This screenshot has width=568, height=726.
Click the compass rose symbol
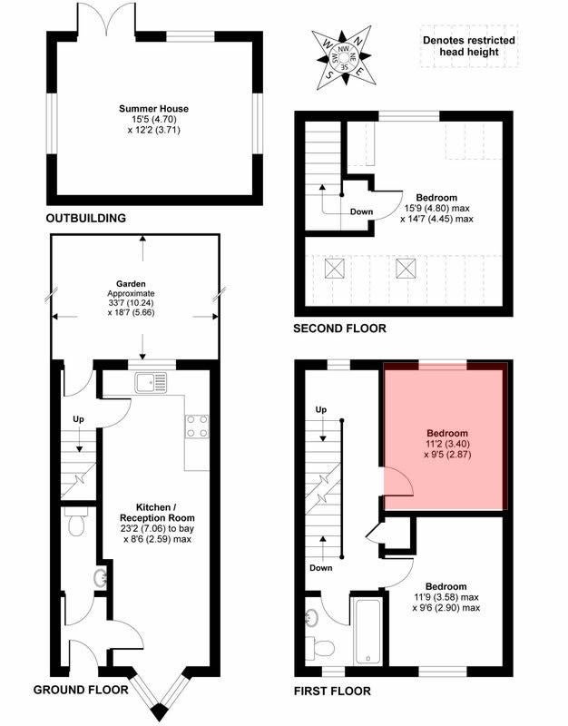tap(344, 57)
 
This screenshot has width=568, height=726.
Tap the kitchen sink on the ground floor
tap(151, 383)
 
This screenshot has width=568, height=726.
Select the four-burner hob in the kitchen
tap(197, 427)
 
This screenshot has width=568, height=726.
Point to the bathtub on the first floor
tap(368, 632)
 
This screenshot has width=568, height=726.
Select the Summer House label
tap(153, 109)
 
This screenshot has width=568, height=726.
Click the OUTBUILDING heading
tap(86, 218)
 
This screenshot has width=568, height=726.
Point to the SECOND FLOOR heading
tap(339, 329)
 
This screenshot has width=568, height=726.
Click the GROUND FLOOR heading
tap(81, 690)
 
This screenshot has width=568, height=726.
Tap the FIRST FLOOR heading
tap(332, 692)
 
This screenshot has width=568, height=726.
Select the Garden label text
tap(131, 284)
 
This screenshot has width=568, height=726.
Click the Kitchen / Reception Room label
tap(157, 513)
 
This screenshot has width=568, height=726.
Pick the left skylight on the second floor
tap(335, 269)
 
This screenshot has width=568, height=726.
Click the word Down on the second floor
tap(361, 211)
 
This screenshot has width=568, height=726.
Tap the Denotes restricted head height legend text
tap(469, 46)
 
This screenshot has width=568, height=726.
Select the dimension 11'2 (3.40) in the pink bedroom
tap(447, 444)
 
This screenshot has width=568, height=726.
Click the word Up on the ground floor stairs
tap(78, 419)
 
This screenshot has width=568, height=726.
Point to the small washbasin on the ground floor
tap(101, 577)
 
